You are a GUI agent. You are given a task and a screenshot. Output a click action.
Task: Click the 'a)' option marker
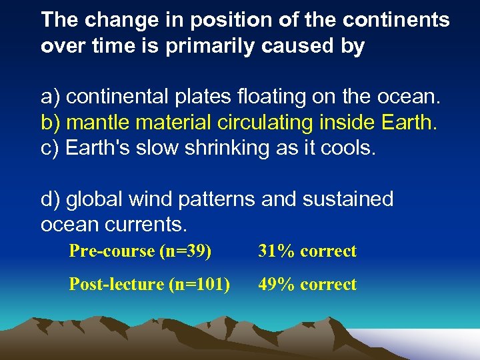pyautogui.click(x=51, y=97)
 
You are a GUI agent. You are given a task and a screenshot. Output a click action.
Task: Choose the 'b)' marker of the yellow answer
pyautogui.click(x=51, y=123)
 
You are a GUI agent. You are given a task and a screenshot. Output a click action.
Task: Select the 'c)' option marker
pyautogui.click(x=51, y=148)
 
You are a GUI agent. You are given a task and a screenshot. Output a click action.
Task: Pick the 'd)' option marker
pyautogui.click(x=51, y=199)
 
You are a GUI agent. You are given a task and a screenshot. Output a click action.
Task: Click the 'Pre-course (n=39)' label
pyautogui.click(x=140, y=251)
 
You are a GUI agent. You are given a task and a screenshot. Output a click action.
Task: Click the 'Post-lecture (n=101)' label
pyautogui.click(x=149, y=285)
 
